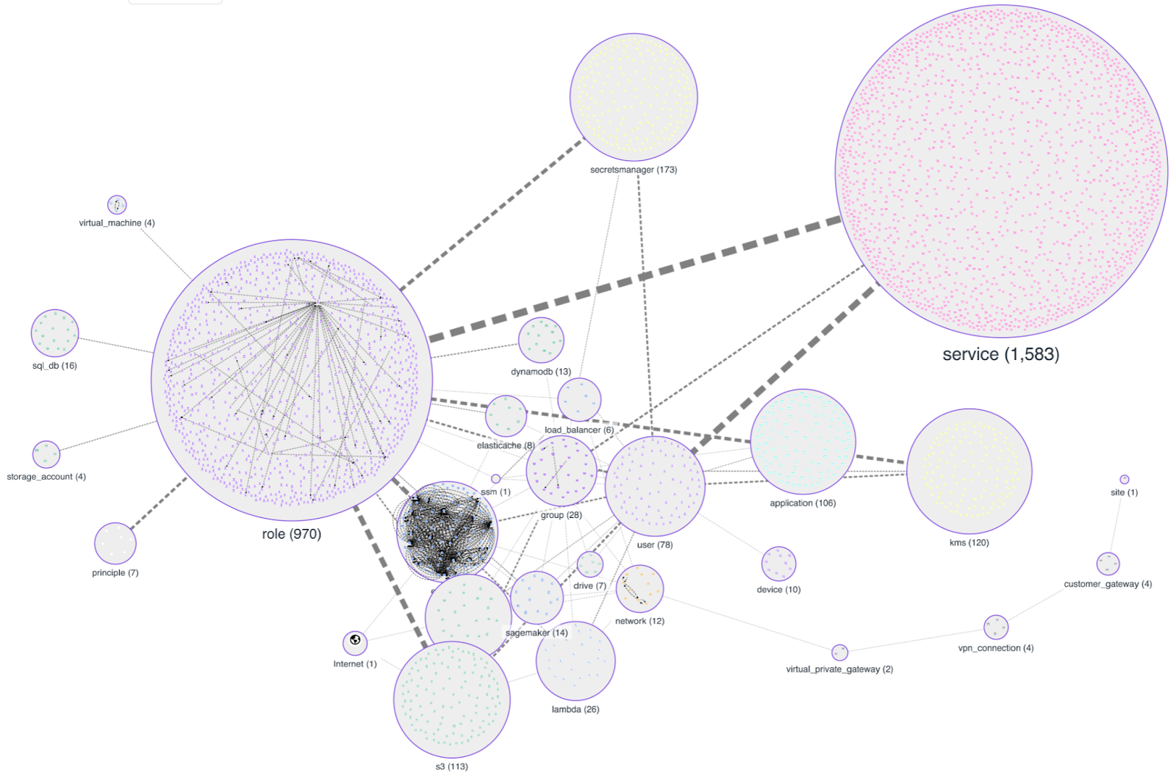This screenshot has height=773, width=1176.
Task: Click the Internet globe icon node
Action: (355, 642)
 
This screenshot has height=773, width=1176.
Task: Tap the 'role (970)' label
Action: (292, 534)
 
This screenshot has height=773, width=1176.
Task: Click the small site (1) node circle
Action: (1124, 479)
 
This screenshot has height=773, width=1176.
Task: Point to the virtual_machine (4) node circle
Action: (117, 204)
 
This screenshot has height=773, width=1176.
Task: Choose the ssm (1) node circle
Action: (495, 479)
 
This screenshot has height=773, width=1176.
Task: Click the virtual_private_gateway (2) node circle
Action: (839, 652)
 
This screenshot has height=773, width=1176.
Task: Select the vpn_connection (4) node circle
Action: (996, 627)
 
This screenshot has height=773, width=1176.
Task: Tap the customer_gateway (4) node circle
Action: (1108, 564)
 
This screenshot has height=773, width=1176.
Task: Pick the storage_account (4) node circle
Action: (46, 454)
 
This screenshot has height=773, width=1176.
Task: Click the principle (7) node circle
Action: (115, 544)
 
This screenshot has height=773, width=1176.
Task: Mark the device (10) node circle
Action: (778, 564)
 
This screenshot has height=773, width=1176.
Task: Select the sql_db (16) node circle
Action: (54, 333)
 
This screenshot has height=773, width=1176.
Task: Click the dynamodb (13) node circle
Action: (541, 340)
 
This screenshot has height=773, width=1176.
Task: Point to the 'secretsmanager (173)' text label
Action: (634, 170)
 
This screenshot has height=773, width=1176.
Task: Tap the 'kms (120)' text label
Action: (969, 543)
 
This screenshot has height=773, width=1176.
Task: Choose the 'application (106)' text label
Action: (803, 503)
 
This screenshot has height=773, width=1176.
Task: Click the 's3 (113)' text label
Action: (451, 766)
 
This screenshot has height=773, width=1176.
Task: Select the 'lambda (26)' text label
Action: (576, 710)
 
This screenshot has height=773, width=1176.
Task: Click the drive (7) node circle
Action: (589, 564)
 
